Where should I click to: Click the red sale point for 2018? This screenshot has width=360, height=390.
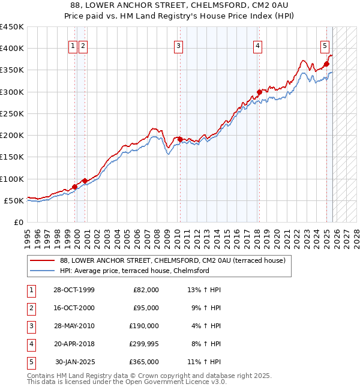[259, 92]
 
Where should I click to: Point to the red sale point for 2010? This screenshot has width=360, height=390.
[180, 139]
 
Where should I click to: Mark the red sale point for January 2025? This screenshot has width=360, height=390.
[327, 64]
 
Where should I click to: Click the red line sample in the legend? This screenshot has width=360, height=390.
[43, 261]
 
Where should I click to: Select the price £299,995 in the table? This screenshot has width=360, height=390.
[144, 344]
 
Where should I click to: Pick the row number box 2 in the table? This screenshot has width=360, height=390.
[31, 308]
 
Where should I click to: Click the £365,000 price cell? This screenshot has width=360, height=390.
[144, 362]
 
